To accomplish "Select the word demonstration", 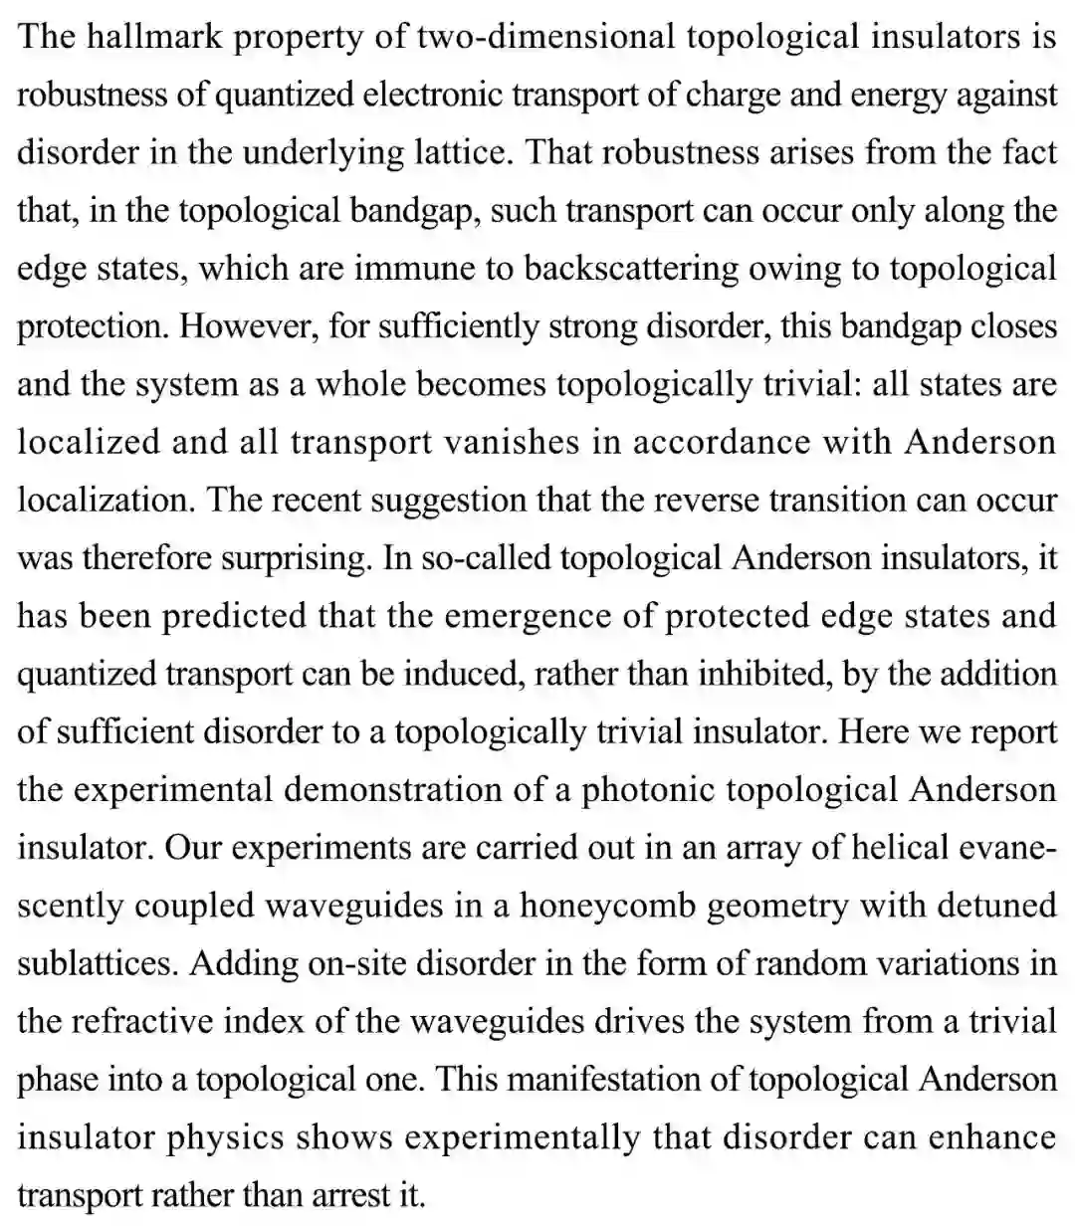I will click(404, 790).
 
